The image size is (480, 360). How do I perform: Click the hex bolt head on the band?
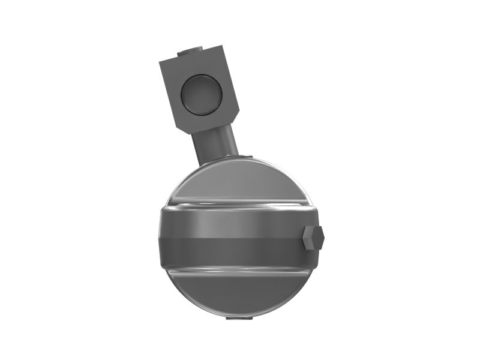coord(313,238)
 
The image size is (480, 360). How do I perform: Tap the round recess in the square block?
coord(200,95)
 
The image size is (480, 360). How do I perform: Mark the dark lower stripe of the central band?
coord(234,251)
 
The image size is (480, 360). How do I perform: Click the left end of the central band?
coord(164,237)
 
